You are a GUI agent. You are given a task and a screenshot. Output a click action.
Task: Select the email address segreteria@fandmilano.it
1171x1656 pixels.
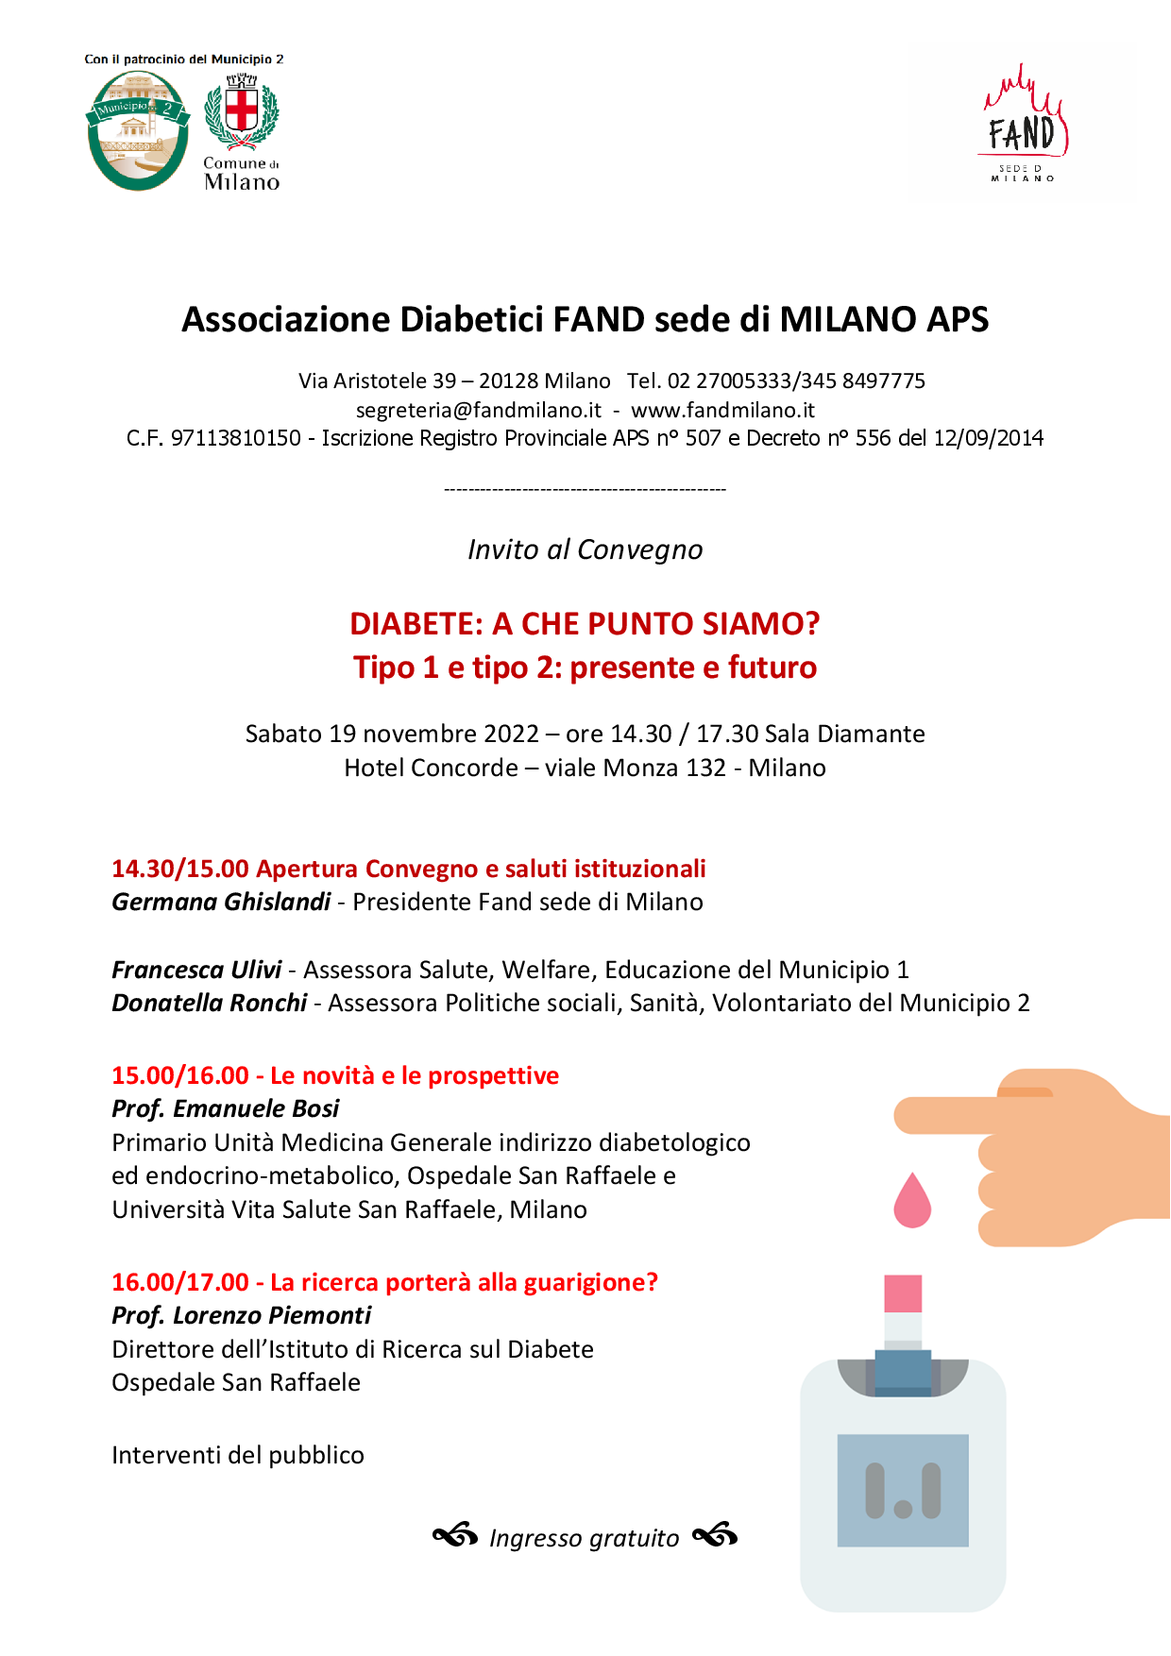pyautogui.click(x=478, y=411)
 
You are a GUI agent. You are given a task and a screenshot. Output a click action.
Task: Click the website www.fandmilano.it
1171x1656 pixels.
pyautogui.click(x=722, y=411)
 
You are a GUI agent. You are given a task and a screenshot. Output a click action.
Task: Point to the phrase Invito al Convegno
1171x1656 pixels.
pyautogui.click(x=585, y=549)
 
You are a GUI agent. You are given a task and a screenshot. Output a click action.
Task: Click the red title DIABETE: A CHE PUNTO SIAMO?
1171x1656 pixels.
pyautogui.click(x=585, y=624)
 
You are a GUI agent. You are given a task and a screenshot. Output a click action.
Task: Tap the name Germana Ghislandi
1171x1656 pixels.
pyautogui.click(x=221, y=903)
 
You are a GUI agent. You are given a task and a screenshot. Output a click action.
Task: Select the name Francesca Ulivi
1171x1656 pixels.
pyautogui.click(x=196, y=971)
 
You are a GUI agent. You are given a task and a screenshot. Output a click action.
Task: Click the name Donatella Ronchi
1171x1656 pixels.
pyautogui.click(x=210, y=1004)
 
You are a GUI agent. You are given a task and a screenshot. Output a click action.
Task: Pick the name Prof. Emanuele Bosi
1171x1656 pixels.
pyautogui.click(x=226, y=1109)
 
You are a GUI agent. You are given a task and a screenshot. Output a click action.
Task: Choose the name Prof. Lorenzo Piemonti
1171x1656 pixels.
pyautogui.click(x=242, y=1316)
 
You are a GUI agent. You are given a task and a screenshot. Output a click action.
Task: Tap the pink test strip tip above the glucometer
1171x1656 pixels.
pyautogui.click(x=903, y=1293)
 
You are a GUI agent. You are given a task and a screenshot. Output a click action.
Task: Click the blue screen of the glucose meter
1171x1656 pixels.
pyautogui.click(x=903, y=1490)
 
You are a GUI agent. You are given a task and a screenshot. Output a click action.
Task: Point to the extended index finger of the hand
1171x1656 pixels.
pyautogui.click(x=944, y=1115)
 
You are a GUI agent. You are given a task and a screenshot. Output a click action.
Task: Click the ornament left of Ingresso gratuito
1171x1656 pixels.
pyautogui.click(x=455, y=1536)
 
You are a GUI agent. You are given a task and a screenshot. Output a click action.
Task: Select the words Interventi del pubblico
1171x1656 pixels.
pyautogui.click(x=238, y=1456)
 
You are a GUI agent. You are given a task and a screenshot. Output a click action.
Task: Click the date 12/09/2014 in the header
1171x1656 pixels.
pyautogui.click(x=988, y=439)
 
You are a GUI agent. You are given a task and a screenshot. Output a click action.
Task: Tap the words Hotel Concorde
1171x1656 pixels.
pyautogui.click(x=431, y=769)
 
